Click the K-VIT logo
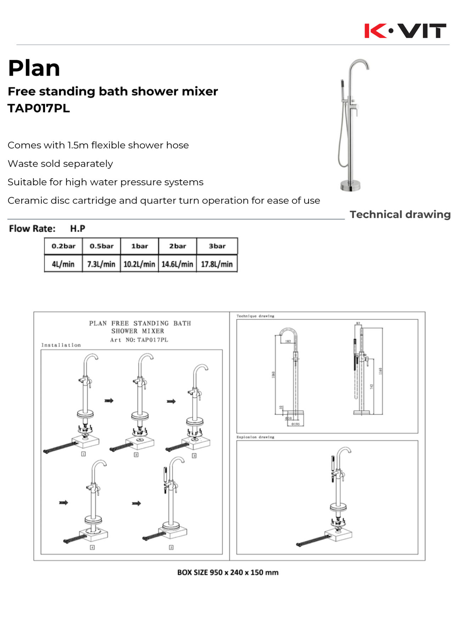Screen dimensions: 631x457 coord(405,31)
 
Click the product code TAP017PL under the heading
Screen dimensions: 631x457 coord(39,108)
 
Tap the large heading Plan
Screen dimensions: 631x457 coord(34,68)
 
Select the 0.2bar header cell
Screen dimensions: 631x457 coord(63,246)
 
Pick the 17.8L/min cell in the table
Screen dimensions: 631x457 coord(217,264)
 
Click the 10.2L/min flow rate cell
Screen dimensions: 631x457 coord(139,264)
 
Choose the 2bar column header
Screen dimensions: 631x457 coord(177,246)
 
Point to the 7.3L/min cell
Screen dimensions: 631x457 coord(101,264)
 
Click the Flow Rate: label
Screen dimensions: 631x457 coord(32,229)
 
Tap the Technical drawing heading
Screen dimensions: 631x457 coord(400,215)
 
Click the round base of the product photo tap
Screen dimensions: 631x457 coord(350,185)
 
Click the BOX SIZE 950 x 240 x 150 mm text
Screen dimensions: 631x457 coord(228,573)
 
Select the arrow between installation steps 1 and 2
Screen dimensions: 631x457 coord(109,400)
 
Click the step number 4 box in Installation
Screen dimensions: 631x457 coord(92,547)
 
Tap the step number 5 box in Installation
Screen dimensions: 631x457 coord(171,547)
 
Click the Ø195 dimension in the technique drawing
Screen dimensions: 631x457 coord(295,424)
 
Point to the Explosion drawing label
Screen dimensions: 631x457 coord(255,437)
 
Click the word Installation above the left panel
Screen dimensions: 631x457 coord(61,345)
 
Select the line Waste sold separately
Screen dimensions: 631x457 coord(60,164)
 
